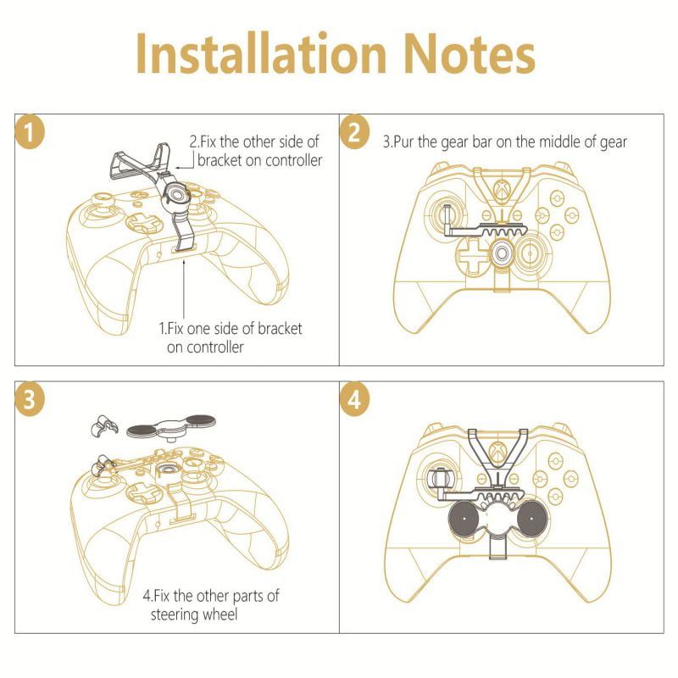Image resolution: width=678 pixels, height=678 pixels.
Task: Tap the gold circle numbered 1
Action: pyautogui.click(x=30, y=132)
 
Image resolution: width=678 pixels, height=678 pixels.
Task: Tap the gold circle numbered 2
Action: pyautogui.click(x=354, y=132)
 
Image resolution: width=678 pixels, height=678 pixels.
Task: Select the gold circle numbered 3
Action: pyautogui.click(x=30, y=399)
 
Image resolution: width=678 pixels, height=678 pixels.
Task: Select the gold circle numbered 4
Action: pyautogui.click(x=354, y=399)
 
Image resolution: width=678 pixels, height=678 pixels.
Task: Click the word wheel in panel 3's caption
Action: pyautogui.click(x=220, y=614)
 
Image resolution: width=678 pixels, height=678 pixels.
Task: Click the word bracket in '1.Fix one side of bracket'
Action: pyautogui.click(x=280, y=328)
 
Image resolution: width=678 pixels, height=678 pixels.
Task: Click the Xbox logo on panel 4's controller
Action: pyautogui.click(x=498, y=452)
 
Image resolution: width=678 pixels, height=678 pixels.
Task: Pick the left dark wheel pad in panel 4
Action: pyautogui.click(x=465, y=518)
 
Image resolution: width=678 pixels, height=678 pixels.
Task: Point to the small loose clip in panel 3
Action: pyautogui.click(x=103, y=425)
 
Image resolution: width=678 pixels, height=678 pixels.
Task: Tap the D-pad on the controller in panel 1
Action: pyautogui.click(x=144, y=221)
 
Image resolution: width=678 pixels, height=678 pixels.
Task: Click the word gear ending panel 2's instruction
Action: pyautogui.click(x=613, y=142)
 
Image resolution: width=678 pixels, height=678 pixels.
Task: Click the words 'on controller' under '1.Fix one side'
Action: pyautogui.click(x=205, y=347)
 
